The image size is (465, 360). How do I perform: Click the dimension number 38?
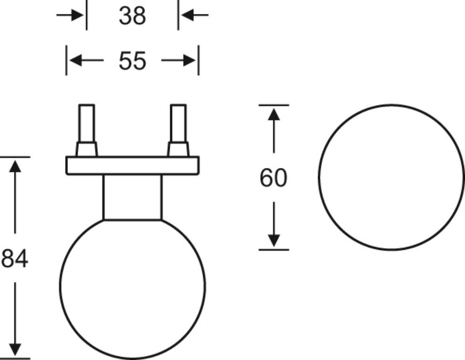[x=132, y=16]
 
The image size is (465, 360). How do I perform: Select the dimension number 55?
[x=132, y=61]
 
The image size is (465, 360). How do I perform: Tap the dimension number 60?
[x=273, y=178]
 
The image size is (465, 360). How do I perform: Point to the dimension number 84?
[x=15, y=258]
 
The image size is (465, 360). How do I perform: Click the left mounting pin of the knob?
[x=87, y=123]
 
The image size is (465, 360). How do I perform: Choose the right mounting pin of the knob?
[x=178, y=123]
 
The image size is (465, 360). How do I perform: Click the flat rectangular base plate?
[x=132, y=166]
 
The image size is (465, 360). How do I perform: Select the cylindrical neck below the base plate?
[x=132, y=197]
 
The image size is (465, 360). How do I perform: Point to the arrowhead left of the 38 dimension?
[x=78, y=15]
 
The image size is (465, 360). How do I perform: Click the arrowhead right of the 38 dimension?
[x=187, y=15]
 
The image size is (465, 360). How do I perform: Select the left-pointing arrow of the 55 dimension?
[x=86, y=60]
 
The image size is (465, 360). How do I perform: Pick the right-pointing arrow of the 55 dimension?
[x=179, y=60]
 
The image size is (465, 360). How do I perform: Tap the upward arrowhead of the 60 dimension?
[x=274, y=114]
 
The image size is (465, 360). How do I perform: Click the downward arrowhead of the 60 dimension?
[x=274, y=240]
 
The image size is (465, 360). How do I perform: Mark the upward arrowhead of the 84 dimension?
[x=15, y=166]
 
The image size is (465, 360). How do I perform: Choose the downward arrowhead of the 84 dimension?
[x=15, y=349]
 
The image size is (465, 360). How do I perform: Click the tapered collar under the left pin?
[x=86, y=149]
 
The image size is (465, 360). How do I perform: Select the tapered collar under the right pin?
[x=178, y=149]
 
